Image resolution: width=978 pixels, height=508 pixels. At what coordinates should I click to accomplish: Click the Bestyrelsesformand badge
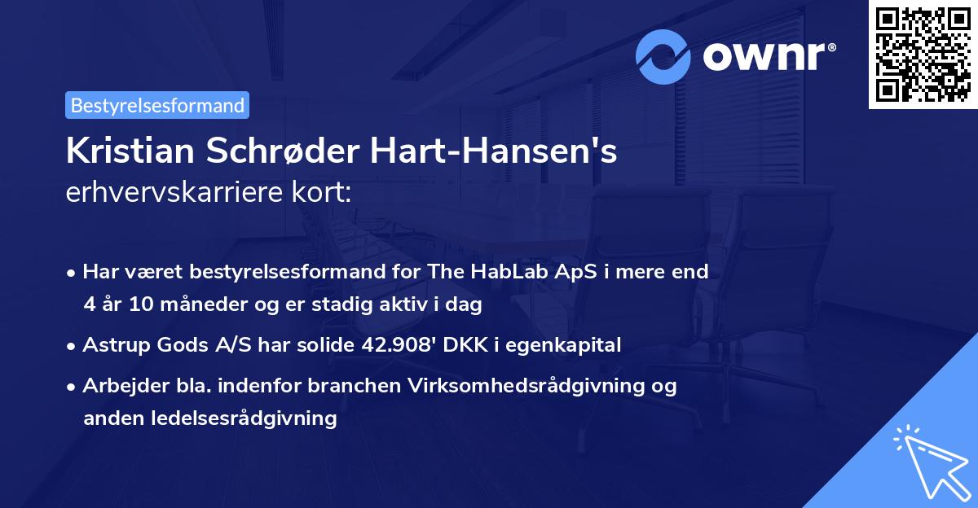[x=157, y=105]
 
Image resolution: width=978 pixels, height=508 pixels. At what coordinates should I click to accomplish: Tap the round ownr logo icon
[x=663, y=56]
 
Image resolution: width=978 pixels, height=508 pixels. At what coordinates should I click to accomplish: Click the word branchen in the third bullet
[x=355, y=385]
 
